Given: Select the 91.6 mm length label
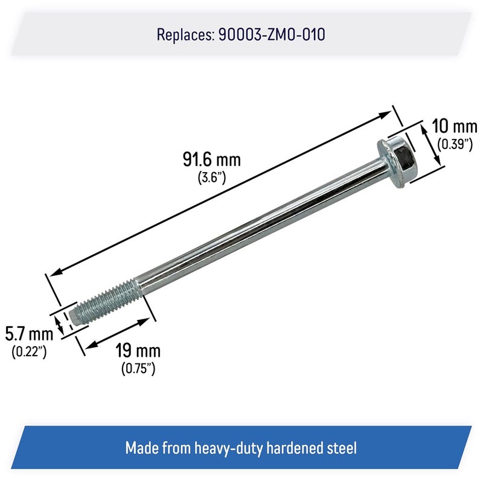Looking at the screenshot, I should [x=211, y=161].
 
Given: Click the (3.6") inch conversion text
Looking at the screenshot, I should [x=211, y=178].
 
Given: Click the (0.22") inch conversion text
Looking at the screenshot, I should [x=29, y=352].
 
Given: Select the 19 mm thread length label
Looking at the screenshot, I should [x=138, y=351].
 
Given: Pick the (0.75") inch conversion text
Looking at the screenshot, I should [x=138, y=368].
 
